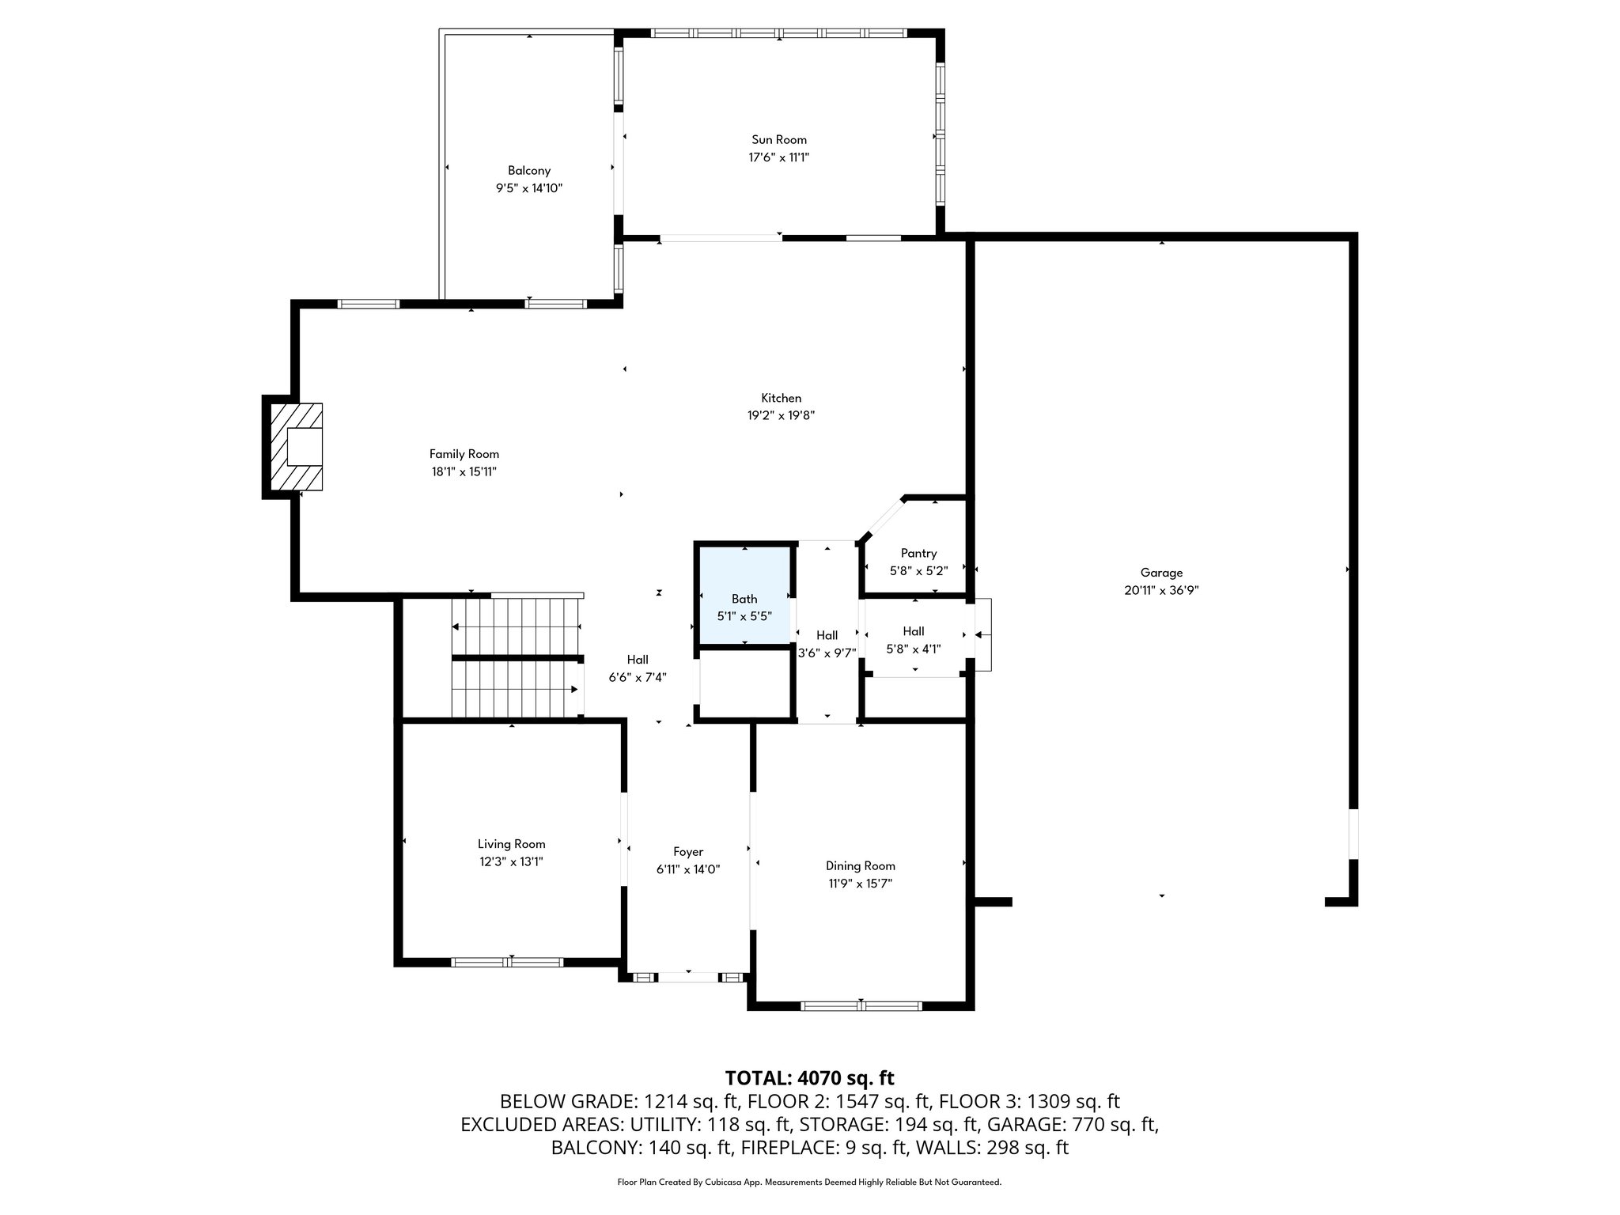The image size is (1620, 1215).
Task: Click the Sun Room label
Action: [x=778, y=140]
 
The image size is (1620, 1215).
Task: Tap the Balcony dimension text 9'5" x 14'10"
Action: [x=528, y=188]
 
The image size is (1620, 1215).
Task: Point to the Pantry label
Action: [x=918, y=554]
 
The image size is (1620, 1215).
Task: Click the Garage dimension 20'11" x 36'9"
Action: [x=1160, y=590]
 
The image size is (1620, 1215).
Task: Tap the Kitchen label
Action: [x=781, y=398]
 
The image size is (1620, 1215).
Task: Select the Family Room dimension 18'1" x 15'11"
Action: [x=464, y=471]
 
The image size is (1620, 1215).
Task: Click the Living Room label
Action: [x=511, y=844]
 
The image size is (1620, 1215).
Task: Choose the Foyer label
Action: [x=687, y=852]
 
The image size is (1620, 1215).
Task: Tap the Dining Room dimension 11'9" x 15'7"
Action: [x=860, y=884]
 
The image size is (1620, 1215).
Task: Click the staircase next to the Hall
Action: [x=517, y=657]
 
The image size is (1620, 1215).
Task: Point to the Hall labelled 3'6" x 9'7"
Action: [x=827, y=635]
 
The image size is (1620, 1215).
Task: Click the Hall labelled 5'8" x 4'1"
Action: [x=913, y=631]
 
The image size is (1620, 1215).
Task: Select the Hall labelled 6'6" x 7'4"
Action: [x=638, y=660]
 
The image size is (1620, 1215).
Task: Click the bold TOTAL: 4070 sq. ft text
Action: [x=809, y=1077]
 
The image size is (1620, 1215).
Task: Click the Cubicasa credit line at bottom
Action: [x=809, y=1183]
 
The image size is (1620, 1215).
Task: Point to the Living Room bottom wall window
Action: [x=507, y=962]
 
